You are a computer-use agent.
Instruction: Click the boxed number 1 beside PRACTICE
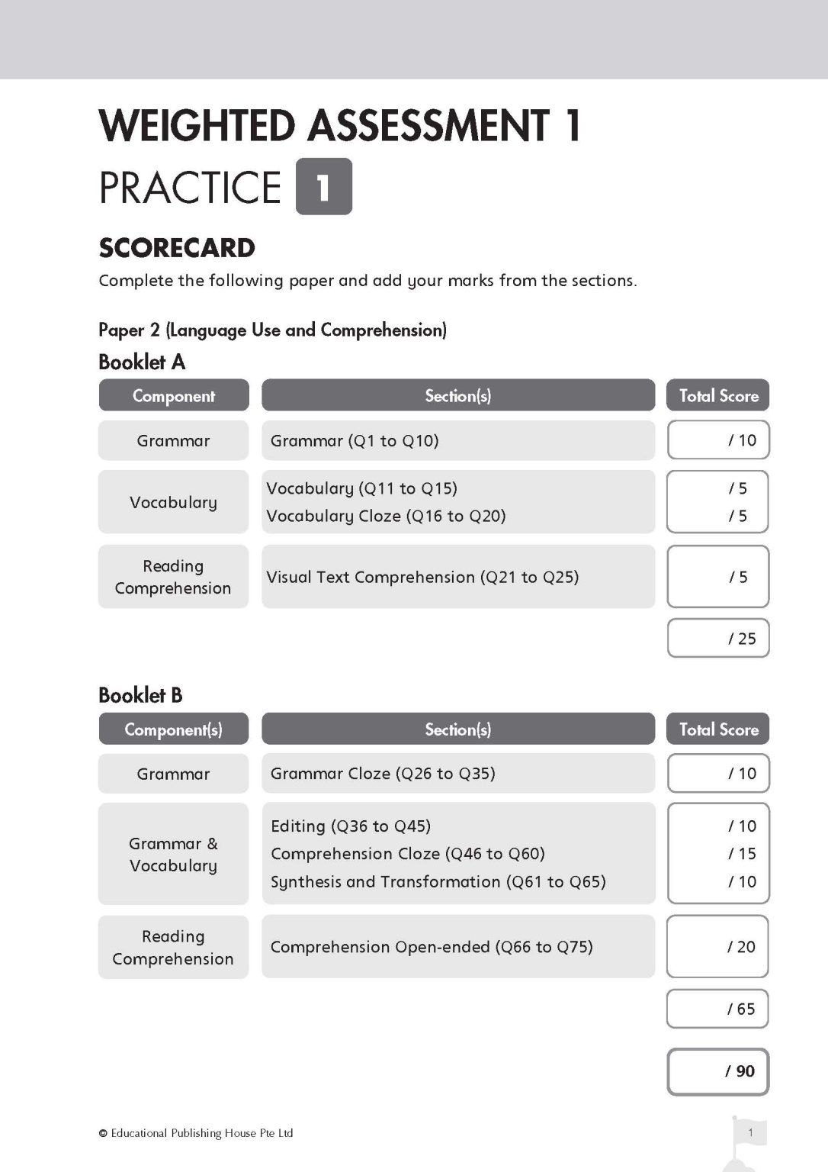click(323, 186)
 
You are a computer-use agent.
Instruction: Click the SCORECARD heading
click(177, 248)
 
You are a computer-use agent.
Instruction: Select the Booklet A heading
click(142, 362)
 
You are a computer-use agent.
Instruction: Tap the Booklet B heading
click(140, 695)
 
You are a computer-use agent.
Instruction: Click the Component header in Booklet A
click(174, 395)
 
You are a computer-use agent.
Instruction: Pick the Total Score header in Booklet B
click(718, 729)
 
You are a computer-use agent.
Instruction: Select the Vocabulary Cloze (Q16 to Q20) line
click(386, 516)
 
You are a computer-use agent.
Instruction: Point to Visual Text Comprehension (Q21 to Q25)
click(422, 577)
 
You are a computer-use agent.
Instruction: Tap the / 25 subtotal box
click(718, 638)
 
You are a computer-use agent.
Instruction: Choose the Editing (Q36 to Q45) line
click(351, 826)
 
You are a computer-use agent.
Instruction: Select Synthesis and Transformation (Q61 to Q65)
click(438, 881)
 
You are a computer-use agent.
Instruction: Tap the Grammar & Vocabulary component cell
click(174, 854)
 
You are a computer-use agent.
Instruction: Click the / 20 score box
click(718, 946)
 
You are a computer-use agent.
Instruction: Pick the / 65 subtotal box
click(718, 1009)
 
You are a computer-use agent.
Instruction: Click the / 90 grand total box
click(718, 1071)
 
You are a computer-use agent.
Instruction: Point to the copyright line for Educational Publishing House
click(196, 1133)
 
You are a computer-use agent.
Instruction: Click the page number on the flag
click(750, 1132)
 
